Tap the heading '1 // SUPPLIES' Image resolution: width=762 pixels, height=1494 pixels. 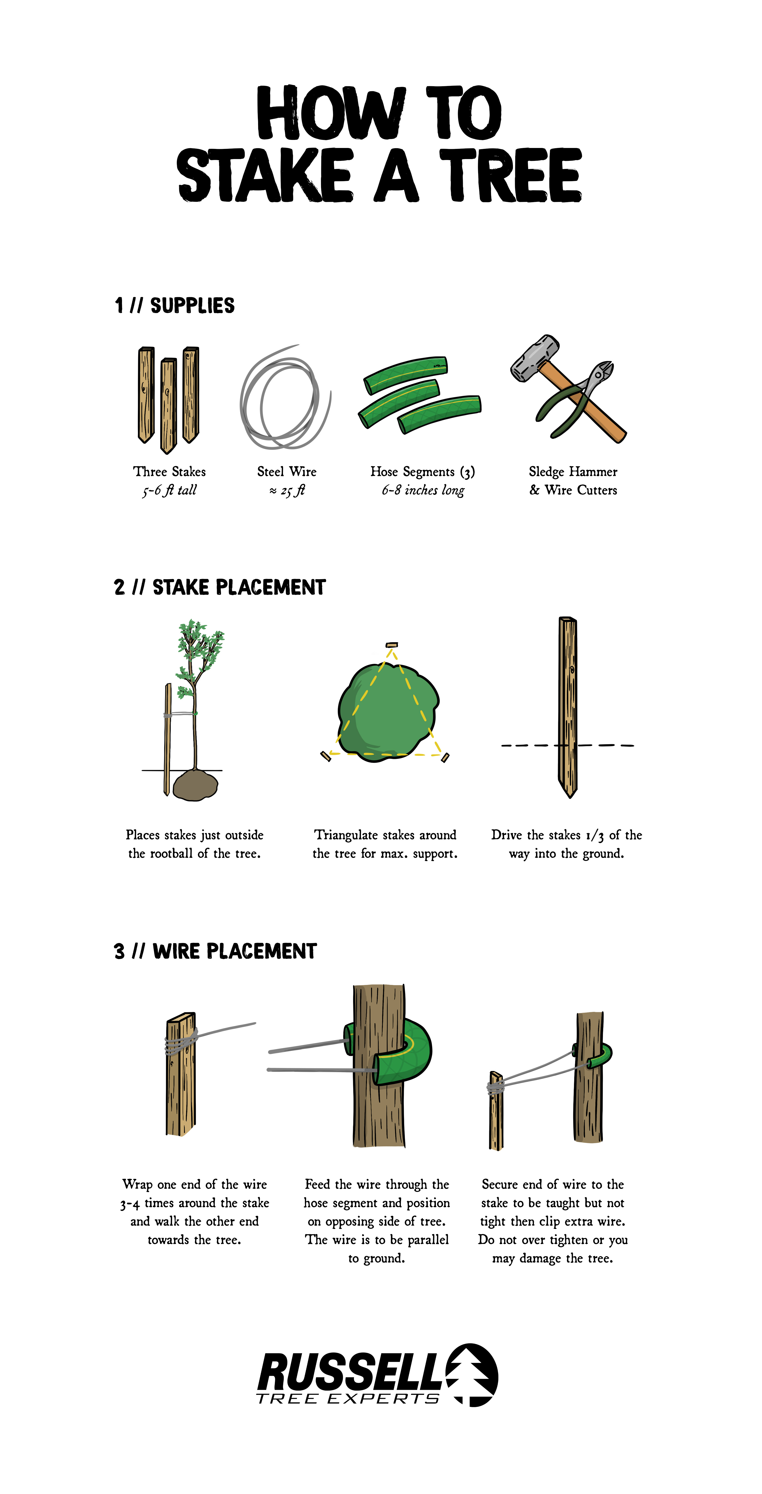175,306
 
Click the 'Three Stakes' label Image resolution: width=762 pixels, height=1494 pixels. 170,472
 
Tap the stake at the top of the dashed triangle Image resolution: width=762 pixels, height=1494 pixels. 392,644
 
